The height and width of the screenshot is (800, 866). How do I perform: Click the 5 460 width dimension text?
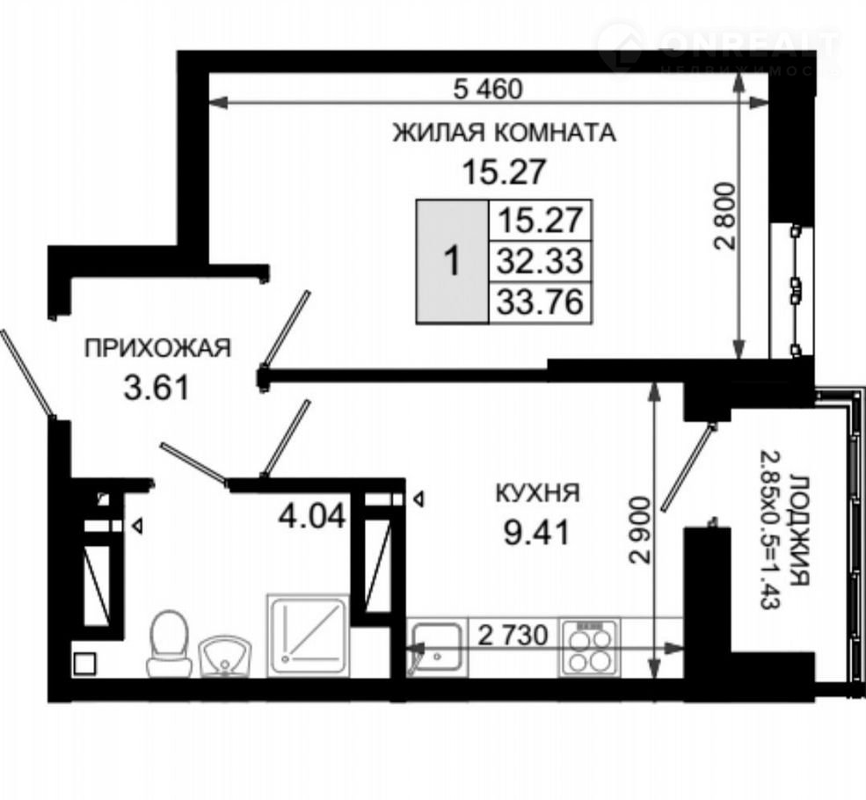(487, 88)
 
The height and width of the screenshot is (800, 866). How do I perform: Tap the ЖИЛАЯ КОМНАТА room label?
(505, 133)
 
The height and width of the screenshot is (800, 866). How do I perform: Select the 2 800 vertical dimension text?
(725, 216)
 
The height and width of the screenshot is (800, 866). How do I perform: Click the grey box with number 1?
(452, 262)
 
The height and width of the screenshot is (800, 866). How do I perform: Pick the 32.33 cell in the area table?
(540, 261)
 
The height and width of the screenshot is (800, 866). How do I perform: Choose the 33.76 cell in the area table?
(540, 302)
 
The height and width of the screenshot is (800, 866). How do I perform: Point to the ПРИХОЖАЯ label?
(157, 348)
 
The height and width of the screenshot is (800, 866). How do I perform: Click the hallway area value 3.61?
(156, 387)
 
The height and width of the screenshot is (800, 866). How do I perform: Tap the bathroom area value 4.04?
(312, 517)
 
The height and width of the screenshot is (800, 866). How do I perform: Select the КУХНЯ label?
(538, 492)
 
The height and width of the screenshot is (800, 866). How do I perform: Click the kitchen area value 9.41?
(535, 532)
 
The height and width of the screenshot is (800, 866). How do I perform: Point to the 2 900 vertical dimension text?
(639, 530)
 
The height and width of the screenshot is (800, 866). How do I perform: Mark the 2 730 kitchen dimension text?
(513, 635)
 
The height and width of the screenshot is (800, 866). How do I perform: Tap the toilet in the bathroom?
(168, 643)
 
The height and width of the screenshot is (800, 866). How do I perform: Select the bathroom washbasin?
(224, 656)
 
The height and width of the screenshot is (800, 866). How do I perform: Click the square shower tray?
(308, 635)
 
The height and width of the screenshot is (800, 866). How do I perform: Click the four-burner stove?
(589, 648)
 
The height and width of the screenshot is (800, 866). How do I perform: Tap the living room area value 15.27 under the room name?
(505, 171)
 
